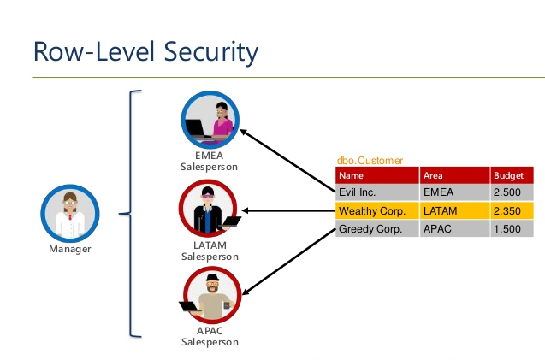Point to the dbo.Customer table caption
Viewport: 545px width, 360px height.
click(370, 160)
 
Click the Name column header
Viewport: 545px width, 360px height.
click(351, 175)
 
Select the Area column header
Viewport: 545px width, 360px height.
click(433, 175)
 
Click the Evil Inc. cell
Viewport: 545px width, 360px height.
click(358, 192)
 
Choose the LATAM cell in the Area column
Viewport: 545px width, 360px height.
click(439, 210)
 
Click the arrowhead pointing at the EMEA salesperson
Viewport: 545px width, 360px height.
click(244, 133)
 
